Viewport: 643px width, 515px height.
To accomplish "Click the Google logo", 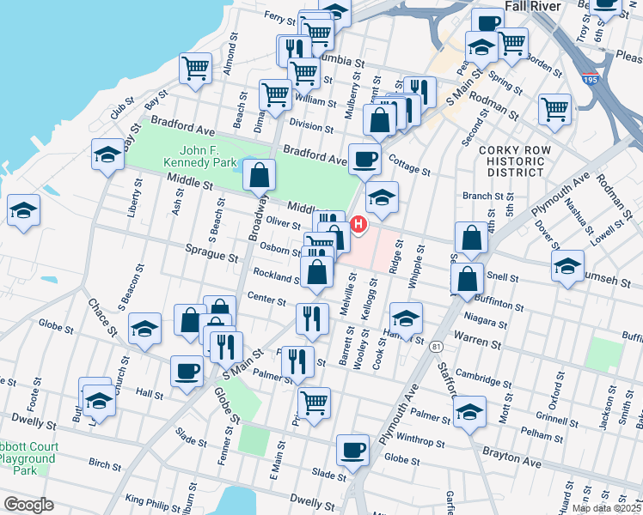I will coord(28,505).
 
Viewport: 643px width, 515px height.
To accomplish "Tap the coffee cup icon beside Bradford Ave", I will coord(364,159).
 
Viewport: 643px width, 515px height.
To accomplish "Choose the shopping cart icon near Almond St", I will coord(196,68).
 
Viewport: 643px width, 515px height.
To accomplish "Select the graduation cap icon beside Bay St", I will coord(107,154).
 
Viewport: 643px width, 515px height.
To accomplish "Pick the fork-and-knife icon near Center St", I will coord(312,318).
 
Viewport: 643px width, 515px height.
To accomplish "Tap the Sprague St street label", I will coord(211,257).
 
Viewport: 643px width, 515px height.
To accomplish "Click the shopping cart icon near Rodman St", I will coord(555,110).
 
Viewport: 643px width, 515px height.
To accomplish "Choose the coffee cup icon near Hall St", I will coord(187,371).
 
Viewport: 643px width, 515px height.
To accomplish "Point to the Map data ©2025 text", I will coord(605,508).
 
